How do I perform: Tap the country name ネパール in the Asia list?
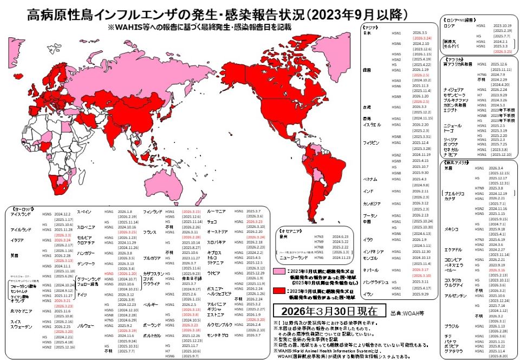point(370,270)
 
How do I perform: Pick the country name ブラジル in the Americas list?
point(451,326)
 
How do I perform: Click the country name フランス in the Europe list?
point(151,232)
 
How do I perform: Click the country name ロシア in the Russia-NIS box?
point(449,25)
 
